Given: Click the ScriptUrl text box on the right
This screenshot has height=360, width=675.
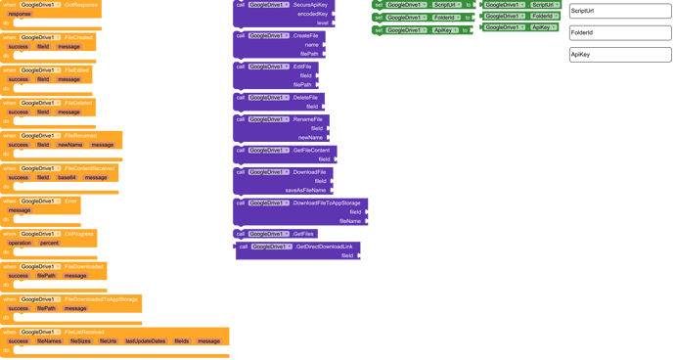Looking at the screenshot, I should click(617, 11).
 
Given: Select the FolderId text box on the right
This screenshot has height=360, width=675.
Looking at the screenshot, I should click(617, 33).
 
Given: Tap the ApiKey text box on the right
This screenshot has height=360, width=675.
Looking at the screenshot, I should click(617, 55).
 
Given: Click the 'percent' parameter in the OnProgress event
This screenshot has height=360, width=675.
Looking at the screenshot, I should click(49, 243).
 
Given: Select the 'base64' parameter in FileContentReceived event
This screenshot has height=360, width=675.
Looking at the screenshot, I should click(66, 178).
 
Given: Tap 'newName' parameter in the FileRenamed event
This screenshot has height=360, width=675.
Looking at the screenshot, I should click(70, 144).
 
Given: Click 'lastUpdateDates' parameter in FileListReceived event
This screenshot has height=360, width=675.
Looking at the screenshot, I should click(144, 341).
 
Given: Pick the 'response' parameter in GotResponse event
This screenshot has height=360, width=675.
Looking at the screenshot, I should click(20, 15).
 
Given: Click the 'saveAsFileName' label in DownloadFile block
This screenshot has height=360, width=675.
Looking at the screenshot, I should click(305, 190).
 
